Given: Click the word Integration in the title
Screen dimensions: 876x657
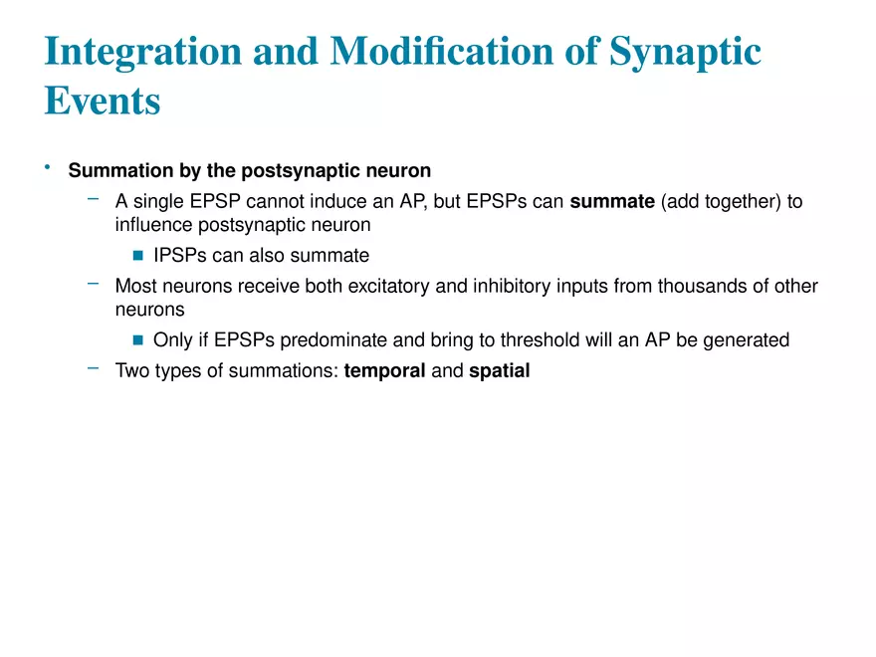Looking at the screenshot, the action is (x=143, y=52).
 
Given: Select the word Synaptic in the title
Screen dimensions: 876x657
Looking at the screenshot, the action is (x=685, y=52).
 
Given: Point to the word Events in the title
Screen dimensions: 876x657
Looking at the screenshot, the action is (x=103, y=101).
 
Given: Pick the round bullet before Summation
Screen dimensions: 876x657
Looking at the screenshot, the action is (x=48, y=166).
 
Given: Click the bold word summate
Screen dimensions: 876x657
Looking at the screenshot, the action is (x=612, y=201).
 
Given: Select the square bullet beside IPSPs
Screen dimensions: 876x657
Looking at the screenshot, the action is (x=138, y=255).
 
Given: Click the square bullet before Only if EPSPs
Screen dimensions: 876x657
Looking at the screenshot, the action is (x=138, y=339).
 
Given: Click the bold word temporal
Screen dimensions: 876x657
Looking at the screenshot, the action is (x=384, y=371).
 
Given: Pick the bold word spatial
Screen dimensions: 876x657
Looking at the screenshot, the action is (x=500, y=371).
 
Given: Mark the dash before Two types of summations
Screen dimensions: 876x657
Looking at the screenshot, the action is (x=94, y=368).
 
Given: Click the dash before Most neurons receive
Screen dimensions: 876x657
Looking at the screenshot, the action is (x=94, y=284).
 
